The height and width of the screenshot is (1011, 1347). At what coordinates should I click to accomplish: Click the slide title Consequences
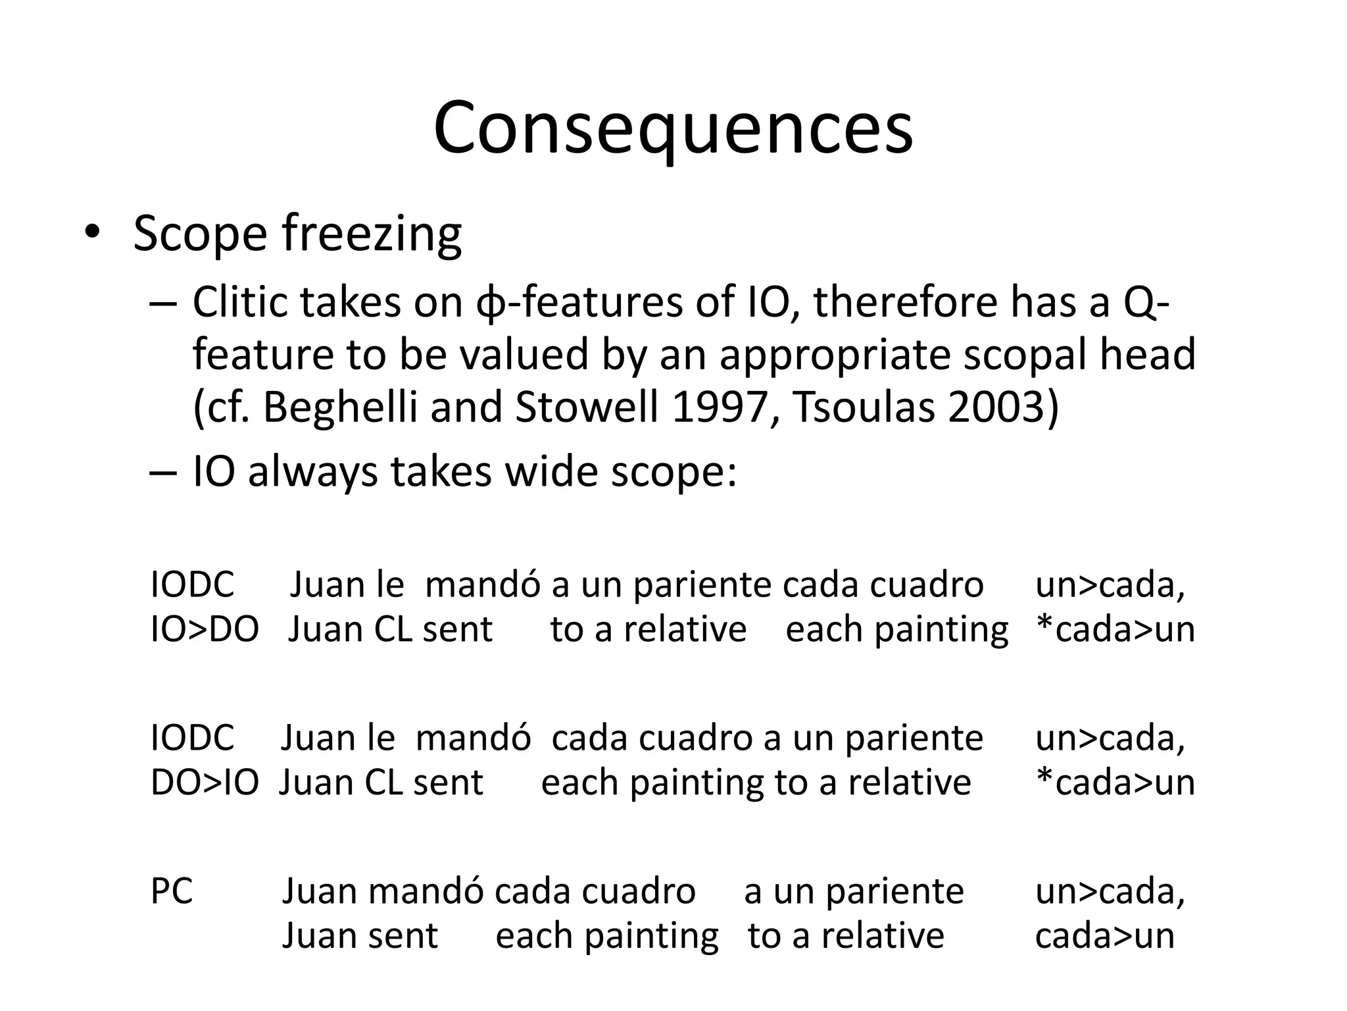(673, 128)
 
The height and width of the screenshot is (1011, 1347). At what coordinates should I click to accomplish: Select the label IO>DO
(205, 629)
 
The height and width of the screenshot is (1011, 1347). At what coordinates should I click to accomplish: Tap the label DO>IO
(205, 783)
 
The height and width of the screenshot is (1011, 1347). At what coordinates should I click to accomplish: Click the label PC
(172, 891)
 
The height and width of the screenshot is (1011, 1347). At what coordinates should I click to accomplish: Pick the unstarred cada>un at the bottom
(1104, 935)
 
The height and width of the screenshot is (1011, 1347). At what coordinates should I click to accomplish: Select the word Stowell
(587, 407)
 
